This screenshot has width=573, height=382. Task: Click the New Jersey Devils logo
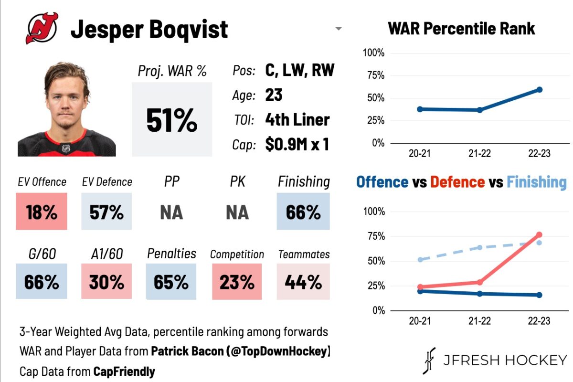tap(42, 28)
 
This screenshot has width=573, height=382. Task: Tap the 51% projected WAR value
tap(171, 120)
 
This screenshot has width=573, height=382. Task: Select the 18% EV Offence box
tap(42, 212)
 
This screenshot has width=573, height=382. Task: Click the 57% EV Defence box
tap(106, 212)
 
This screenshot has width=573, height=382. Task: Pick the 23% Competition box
tap(237, 282)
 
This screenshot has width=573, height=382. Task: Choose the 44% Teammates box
tap(303, 282)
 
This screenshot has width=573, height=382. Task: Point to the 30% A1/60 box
tap(106, 282)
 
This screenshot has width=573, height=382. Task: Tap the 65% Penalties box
tap(171, 282)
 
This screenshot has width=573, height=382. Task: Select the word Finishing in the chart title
tap(536, 182)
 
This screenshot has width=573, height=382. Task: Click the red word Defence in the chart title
tap(457, 182)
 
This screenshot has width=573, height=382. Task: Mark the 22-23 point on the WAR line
tap(539, 90)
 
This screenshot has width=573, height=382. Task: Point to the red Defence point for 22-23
tap(539, 235)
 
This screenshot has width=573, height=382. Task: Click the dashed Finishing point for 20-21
tap(420, 260)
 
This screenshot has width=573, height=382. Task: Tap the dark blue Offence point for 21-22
tap(479, 294)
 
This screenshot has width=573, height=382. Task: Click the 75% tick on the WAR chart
tap(374, 75)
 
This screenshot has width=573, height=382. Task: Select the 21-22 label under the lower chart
tap(479, 321)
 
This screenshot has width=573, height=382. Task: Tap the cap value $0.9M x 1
tap(297, 144)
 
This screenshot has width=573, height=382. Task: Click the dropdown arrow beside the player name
tap(339, 29)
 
